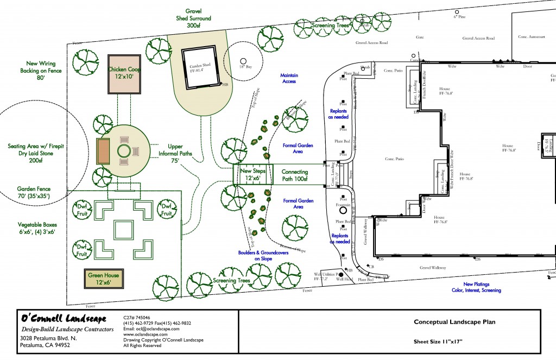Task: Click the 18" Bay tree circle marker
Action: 243,61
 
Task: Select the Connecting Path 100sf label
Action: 295,175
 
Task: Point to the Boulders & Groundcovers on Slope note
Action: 264,256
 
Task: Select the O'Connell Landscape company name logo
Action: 63,318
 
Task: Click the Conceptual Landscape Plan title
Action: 454,322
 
